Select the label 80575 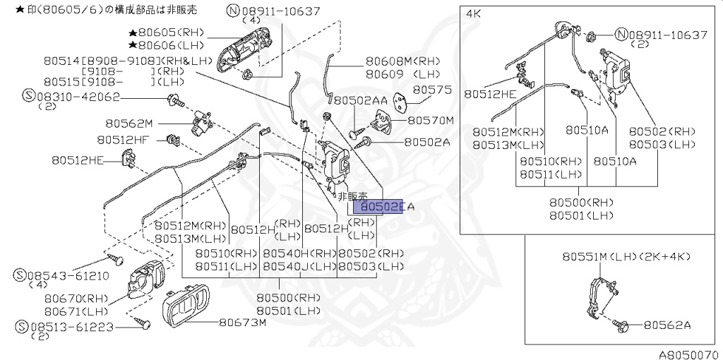[431, 90]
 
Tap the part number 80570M [431, 121]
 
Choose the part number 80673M [241, 323]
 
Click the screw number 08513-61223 [67, 326]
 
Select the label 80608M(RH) [402, 61]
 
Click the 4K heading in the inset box [474, 13]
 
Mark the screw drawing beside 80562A [621, 325]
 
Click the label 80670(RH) [75, 299]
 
